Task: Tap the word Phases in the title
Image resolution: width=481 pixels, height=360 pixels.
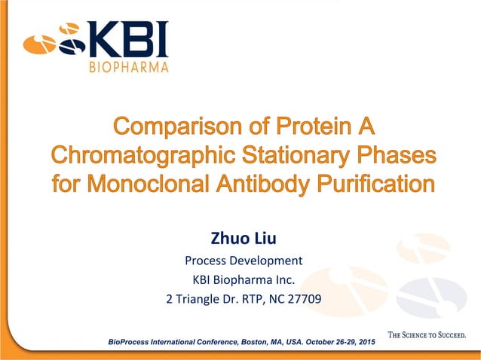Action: [x=400, y=154]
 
